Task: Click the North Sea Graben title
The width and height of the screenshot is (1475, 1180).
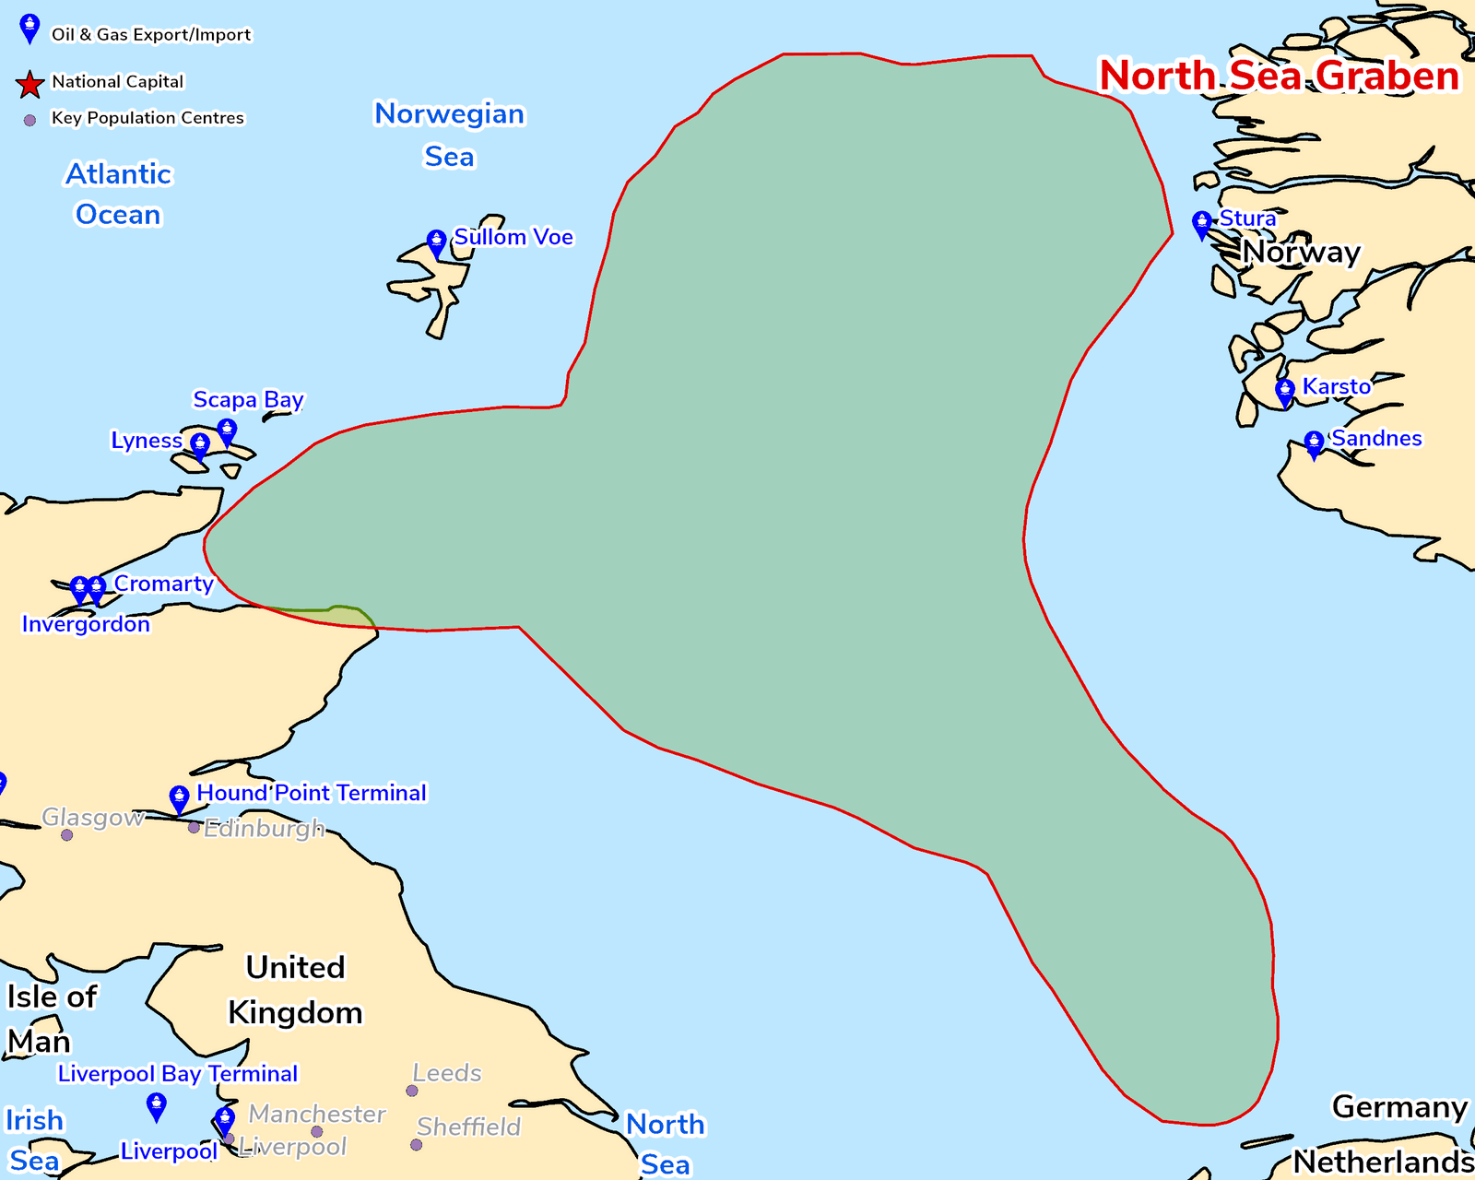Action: coord(1280,76)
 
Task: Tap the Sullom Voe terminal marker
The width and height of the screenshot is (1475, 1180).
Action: coord(437,243)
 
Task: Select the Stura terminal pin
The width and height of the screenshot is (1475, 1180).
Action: coord(1201,224)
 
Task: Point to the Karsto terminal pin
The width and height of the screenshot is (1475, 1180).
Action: coord(1285,392)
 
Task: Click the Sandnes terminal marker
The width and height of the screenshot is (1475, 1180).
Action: coord(1315,443)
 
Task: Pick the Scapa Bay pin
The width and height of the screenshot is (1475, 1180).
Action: coord(227,431)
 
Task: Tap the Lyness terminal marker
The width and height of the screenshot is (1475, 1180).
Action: coord(200,446)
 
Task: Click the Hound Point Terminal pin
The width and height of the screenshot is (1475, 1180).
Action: coord(180,798)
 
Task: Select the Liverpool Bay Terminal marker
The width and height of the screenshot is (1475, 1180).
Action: coord(157,1105)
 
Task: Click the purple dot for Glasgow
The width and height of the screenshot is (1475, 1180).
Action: coord(66,835)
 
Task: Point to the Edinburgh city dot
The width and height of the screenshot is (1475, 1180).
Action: coord(194,828)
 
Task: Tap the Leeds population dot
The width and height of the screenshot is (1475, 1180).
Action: coord(412,1091)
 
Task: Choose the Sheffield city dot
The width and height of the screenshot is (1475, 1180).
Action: coord(417,1145)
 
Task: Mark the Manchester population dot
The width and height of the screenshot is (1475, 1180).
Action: coord(317,1131)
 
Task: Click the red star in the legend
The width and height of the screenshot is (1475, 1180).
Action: coord(30,85)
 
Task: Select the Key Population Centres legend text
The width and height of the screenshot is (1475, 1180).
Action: coord(147,118)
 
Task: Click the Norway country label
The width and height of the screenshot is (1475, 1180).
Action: coord(1301,252)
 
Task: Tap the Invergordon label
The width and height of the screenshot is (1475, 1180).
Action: coord(86,624)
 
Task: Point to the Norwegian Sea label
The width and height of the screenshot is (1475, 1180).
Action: coord(450,135)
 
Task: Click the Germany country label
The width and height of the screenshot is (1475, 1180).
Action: coord(1399,1106)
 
